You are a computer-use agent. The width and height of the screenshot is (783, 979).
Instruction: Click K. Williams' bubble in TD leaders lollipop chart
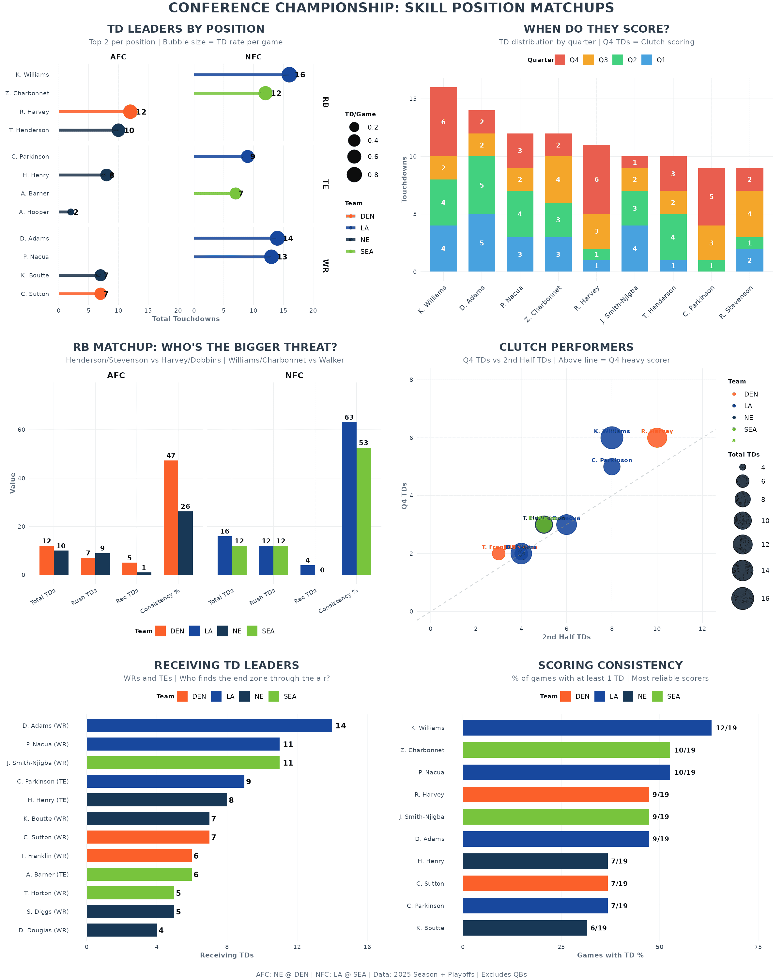(289, 74)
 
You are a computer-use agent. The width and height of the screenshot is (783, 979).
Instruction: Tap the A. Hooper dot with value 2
(70, 212)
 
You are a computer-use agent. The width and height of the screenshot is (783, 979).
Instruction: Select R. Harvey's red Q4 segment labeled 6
(596, 179)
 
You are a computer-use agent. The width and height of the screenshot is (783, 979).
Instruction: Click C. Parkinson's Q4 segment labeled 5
(711, 197)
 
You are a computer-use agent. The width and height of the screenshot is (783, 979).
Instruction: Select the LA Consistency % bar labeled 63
(349, 498)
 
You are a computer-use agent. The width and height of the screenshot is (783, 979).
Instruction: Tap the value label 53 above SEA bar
(363, 443)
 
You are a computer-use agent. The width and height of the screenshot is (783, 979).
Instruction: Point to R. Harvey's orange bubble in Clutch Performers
(656, 438)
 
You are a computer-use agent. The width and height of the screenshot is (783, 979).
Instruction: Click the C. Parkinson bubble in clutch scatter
(611, 467)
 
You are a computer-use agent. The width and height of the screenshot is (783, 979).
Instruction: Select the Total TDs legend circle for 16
(742, 598)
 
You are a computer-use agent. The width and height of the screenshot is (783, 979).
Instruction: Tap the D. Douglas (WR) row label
(44, 930)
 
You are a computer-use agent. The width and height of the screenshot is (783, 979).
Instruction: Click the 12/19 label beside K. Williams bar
(726, 728)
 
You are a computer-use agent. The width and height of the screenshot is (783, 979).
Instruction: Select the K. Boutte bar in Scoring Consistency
(524, 928)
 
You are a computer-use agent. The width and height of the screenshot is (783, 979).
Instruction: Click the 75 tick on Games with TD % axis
(758, 947)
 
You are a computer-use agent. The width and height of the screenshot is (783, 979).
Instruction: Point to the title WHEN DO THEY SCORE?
(596, 29)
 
